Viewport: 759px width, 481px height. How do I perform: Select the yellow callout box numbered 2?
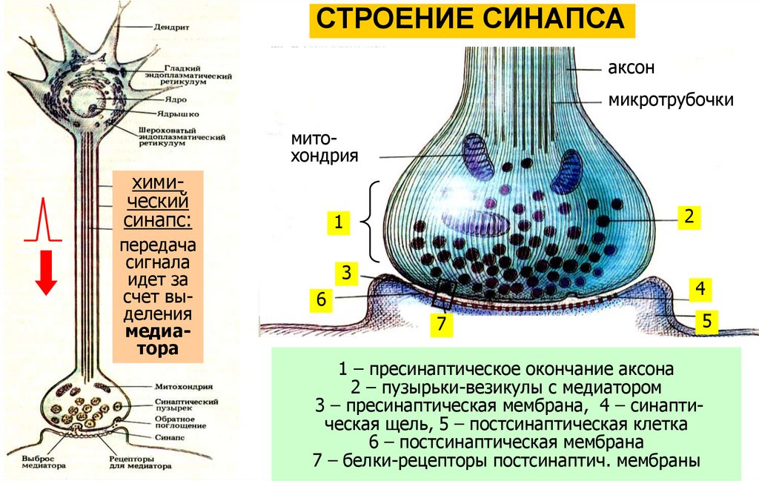[689, 216]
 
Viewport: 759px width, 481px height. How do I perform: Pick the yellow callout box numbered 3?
[345, 273]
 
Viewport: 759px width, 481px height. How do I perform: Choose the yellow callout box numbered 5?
[321, 300]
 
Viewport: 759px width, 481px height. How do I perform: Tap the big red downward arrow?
[47, 272]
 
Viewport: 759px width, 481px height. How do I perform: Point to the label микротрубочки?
[671, 99]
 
